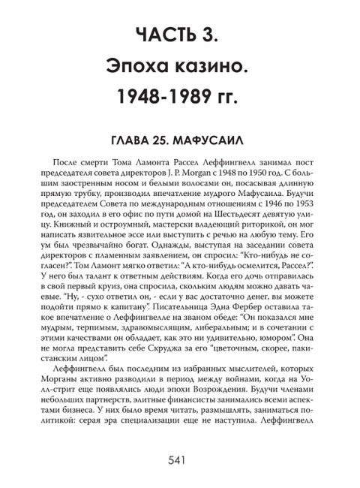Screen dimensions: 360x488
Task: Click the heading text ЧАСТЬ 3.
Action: [x=180, y=35]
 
